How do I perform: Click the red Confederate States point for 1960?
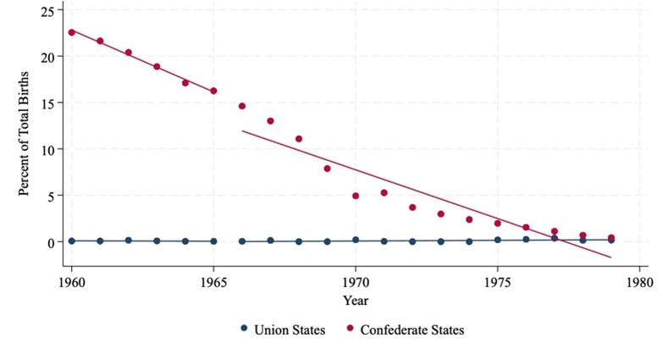coord(72,32)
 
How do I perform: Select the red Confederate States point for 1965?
coord(213,91)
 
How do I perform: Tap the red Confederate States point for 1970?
coord(356,196)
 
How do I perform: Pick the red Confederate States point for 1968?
coord(299,139)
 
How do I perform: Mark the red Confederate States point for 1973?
coord(441,214)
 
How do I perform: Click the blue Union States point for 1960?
coord(72,241)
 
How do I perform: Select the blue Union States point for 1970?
coord(356,240)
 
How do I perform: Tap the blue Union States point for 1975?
coord(498,240)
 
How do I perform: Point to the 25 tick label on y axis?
coord(47,10)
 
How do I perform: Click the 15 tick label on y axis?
coord(47,103)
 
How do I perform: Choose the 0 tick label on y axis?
coord(51,242)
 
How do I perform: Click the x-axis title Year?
coord(356,300)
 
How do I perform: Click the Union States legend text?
coord(290,330)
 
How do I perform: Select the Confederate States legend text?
coord(412,330)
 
